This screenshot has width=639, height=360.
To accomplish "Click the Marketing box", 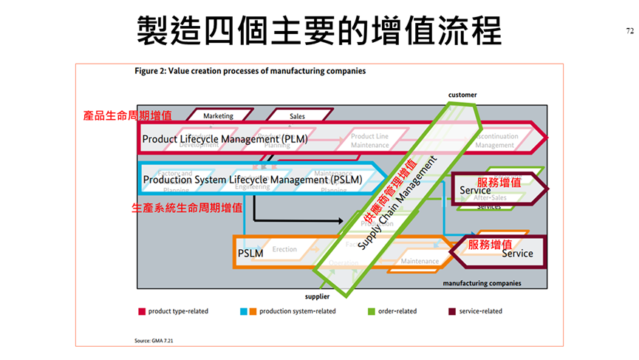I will click(x=218, y=116).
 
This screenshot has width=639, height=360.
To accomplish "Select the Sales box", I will click(x=297, y=116).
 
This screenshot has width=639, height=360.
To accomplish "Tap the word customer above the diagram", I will click(x=462, y=95).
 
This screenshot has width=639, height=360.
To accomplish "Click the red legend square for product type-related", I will click(x=141, y=311).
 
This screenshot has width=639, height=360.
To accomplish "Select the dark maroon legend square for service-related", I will click(x=452, y=311).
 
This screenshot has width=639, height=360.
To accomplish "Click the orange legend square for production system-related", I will click(x=253, y=311).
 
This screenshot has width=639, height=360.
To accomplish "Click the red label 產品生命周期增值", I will click(x=128, y=116).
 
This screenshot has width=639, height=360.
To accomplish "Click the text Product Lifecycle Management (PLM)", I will click(x=225, y=138).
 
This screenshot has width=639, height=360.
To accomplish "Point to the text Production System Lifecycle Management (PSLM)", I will click(x=252, y=180).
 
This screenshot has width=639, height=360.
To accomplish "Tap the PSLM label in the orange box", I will click(x=250, y=254).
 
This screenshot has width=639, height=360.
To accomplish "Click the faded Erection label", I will click(x=284, y=250).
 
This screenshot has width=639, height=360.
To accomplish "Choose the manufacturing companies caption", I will click(x=482, y=283).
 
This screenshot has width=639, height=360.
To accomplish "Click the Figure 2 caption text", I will click(x=250, y=72).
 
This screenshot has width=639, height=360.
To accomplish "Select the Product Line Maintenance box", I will click(x=369, y=140).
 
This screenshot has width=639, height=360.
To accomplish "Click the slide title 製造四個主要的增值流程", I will click(x=319, y=31).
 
